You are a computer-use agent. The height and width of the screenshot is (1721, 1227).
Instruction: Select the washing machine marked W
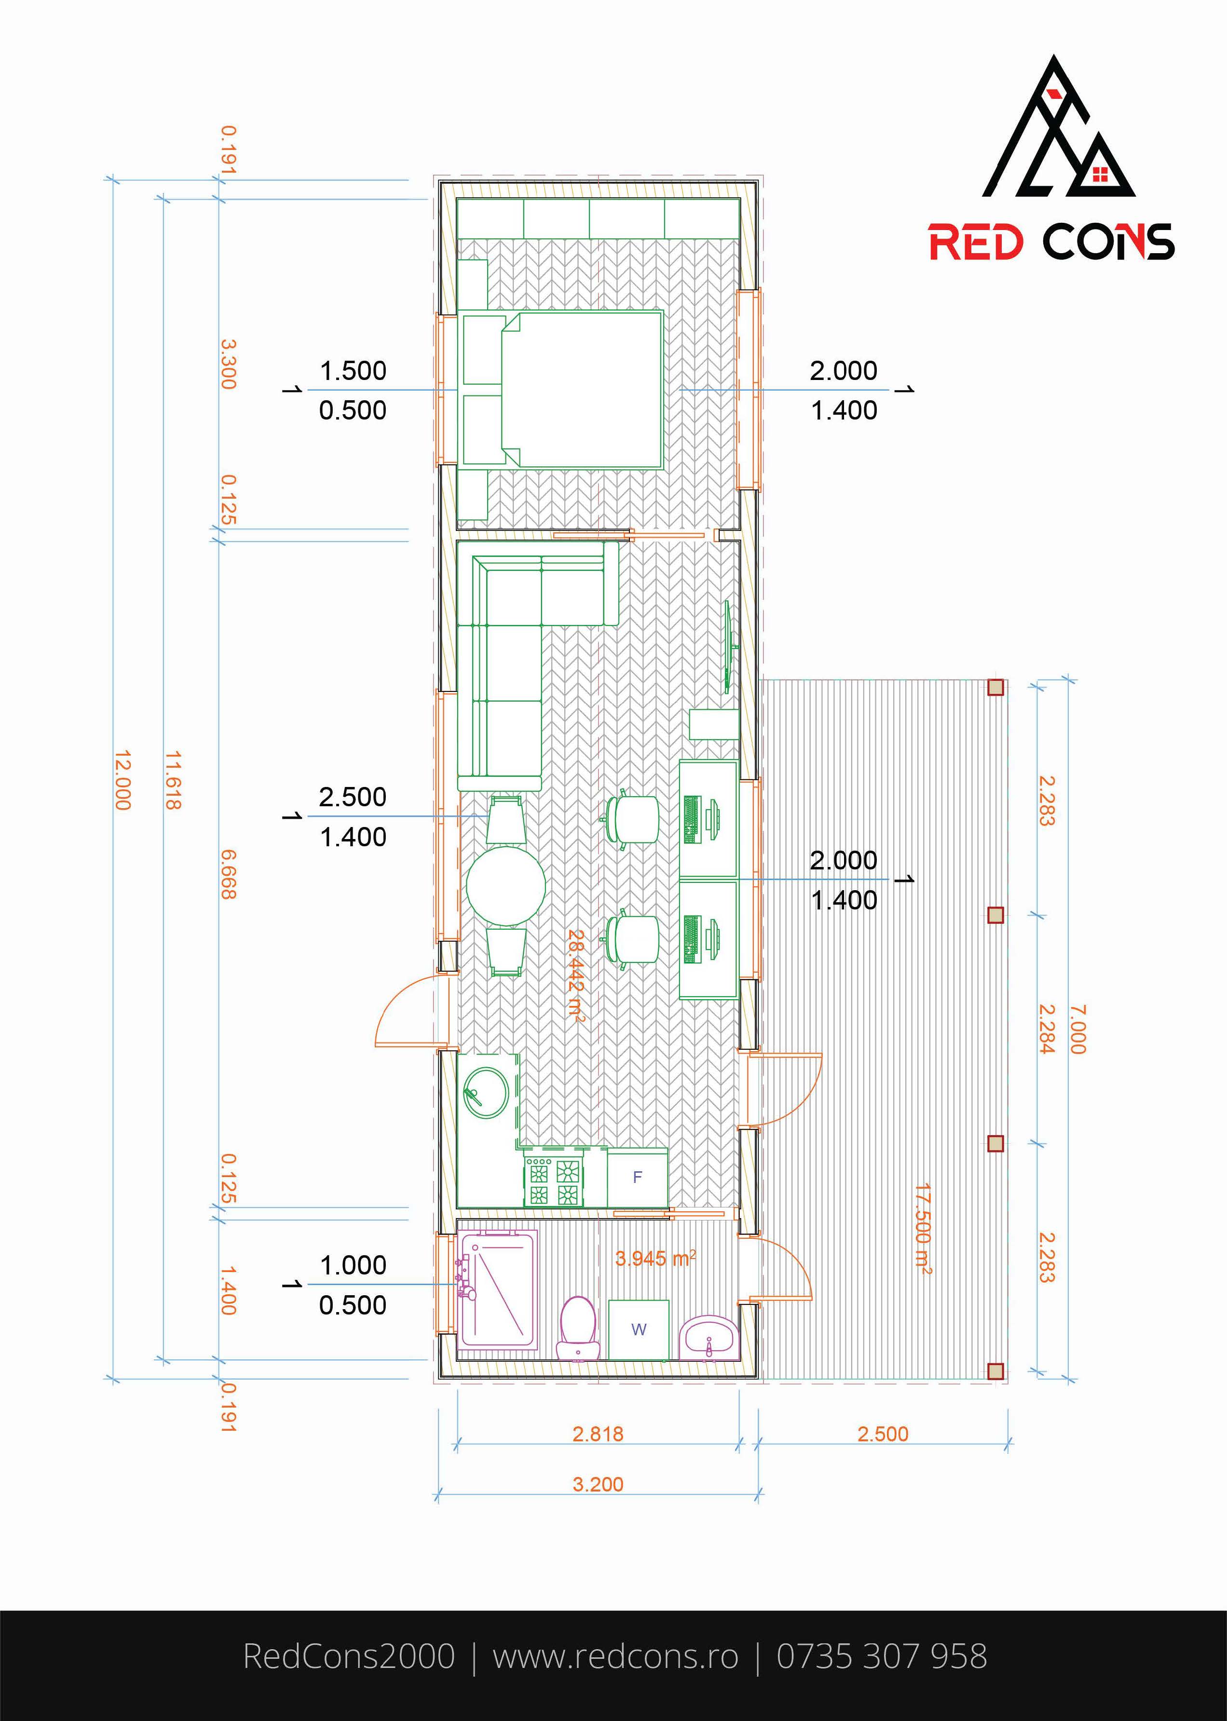pyautogui.click(x=639, y=1329)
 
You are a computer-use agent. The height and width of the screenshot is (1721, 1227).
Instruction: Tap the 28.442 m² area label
pyautogui.click(x=576, y=976)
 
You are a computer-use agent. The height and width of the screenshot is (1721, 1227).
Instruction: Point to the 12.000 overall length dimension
pyautogui.click(x=123, y=780)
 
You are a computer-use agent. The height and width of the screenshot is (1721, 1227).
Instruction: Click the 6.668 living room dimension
pyautogui.click(x=228, y=874)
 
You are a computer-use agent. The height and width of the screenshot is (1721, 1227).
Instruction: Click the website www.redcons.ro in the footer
pyautogui.click(x=615, y=1656)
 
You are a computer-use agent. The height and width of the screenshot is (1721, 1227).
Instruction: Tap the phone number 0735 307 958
pyautogui.click(x=882, y=1656)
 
